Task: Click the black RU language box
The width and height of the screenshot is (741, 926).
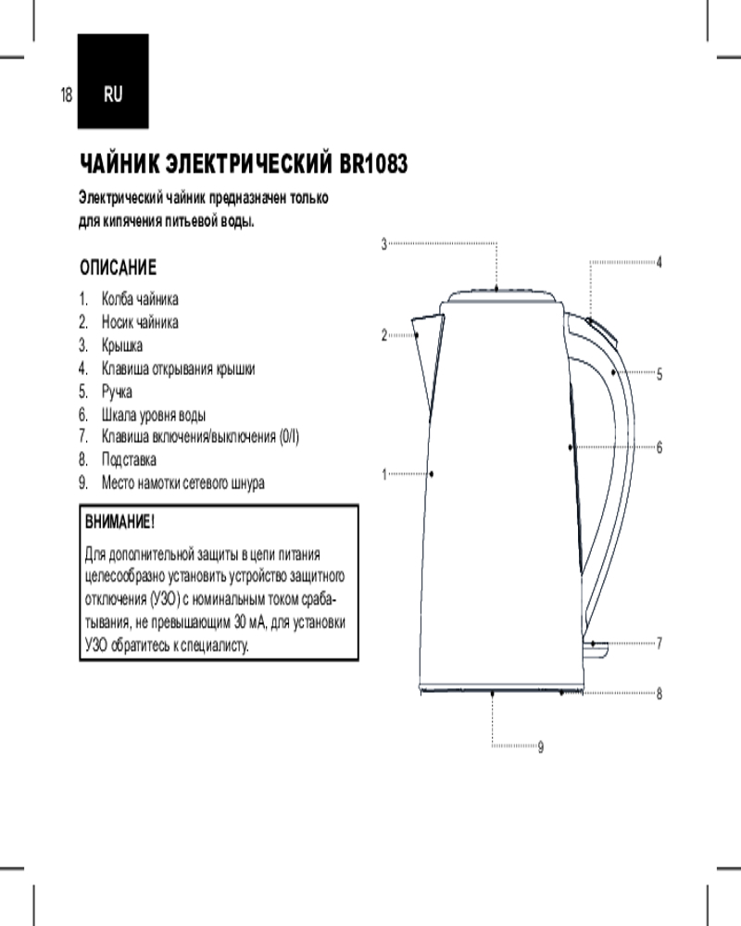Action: [x=113, y=81]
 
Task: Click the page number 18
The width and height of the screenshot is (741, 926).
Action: [x=66, y=94]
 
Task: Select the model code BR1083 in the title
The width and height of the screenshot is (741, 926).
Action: [x=373, y=164]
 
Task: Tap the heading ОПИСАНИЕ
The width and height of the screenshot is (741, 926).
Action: [x=119, y=268]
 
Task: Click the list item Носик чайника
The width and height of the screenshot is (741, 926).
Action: [x=140, y=322]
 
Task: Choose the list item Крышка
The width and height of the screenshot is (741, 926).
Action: [x=121, y=345]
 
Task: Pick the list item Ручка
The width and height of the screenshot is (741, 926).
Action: [x=117, y=392]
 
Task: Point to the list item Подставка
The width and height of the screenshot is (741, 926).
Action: [x=129, y=459]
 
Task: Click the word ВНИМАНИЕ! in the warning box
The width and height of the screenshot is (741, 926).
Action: [x=120, y=522]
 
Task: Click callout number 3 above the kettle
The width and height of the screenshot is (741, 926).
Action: [x=384, y=244]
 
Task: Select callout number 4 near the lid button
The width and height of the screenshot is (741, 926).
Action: [x=659, y=262]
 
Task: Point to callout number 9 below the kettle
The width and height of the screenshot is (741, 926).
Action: [x=541, y=747]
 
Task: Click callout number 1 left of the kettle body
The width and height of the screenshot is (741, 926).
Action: [x=384, y=474]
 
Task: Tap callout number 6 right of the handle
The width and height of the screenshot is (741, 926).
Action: [x=659, y=447]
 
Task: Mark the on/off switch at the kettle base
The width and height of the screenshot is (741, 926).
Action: [x=597, y=648]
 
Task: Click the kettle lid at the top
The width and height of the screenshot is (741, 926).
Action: [x=502, y=296]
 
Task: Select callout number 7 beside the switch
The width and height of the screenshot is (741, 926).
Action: [x=659, y=644]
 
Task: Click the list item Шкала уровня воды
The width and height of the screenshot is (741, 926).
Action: [x=154, y=415]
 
